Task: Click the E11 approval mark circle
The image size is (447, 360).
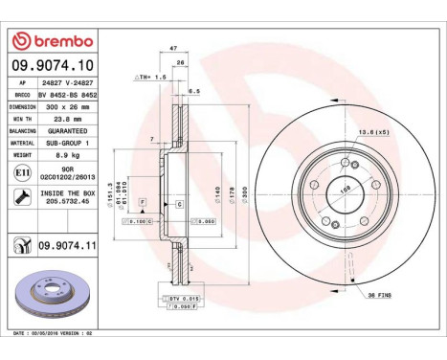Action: (22, 171)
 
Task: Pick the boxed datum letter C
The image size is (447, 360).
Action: (179, 204)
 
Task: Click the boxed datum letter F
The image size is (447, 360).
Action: (142, 204)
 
